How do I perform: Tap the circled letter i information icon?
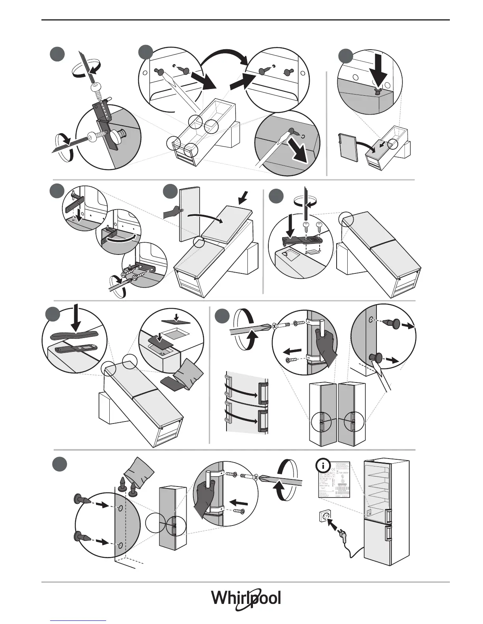324,466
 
